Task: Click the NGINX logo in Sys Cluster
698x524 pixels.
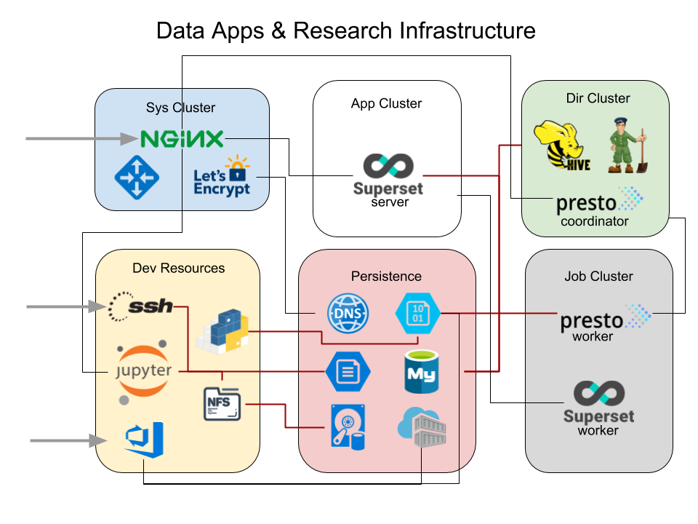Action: click(182, 138)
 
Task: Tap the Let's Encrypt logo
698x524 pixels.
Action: click(222, 176)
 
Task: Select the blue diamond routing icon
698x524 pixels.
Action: click(137, 178)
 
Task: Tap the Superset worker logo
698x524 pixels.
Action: click(598, 402)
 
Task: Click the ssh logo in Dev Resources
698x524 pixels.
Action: click(141, 306)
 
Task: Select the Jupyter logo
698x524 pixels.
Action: click(144, 371)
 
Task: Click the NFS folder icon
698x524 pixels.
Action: click(222, 403)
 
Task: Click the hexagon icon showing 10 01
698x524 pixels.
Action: click(417, 313)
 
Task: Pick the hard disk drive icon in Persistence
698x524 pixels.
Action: click(348, 426)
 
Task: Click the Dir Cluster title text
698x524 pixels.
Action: click(598, 98)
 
